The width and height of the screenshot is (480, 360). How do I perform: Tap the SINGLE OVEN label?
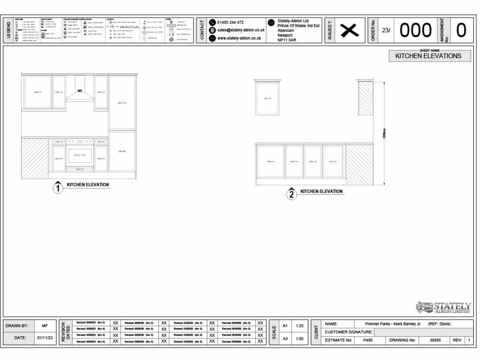click(80, 155)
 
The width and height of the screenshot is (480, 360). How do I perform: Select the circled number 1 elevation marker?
click(58, 188)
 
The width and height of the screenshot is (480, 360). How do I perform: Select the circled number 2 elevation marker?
click(292, 195)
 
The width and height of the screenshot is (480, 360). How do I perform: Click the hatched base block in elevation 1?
click(35, 158)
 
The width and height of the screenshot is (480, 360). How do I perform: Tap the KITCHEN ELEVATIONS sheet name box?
click(428, 56)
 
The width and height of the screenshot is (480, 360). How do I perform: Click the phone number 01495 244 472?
click(230, 22)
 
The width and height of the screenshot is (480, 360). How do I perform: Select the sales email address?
click(240, 30)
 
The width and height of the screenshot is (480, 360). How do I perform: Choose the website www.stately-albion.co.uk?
click(239, 38)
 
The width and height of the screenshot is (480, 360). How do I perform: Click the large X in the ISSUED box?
click(349, 31)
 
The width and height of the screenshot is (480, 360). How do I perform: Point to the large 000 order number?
click(415, 30)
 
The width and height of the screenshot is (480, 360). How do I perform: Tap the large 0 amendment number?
click(461, 30)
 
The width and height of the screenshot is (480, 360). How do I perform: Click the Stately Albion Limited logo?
click(443, 307)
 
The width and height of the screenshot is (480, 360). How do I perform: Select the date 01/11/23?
click(45, 337)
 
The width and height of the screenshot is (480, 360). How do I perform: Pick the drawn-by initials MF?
click(45, 325)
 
